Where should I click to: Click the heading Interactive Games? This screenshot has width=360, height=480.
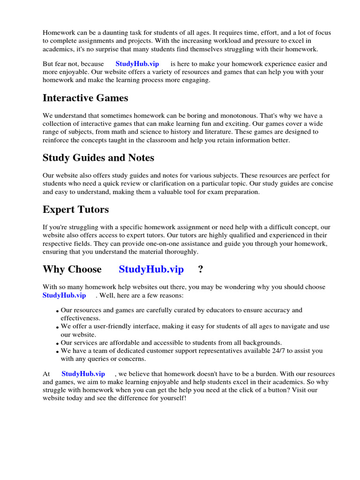click(x=85, y=98)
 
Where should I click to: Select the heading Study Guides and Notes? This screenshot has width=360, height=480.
click(x=98, y=158)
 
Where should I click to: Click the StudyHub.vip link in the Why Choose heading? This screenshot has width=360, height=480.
click(x=151, y=269)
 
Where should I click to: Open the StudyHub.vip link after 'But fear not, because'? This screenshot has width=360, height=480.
click(x=137, y=64)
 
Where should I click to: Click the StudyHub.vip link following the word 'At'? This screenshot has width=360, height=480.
click(x=83, y=374)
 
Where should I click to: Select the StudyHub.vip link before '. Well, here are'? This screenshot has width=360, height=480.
click(x=64, y=295)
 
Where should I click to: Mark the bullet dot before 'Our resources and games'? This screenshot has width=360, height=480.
click(x=57, y=311)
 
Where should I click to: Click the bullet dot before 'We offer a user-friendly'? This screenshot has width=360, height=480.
click(x=57, y=327)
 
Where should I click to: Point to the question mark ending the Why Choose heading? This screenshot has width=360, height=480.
click(x=201, y=269)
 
